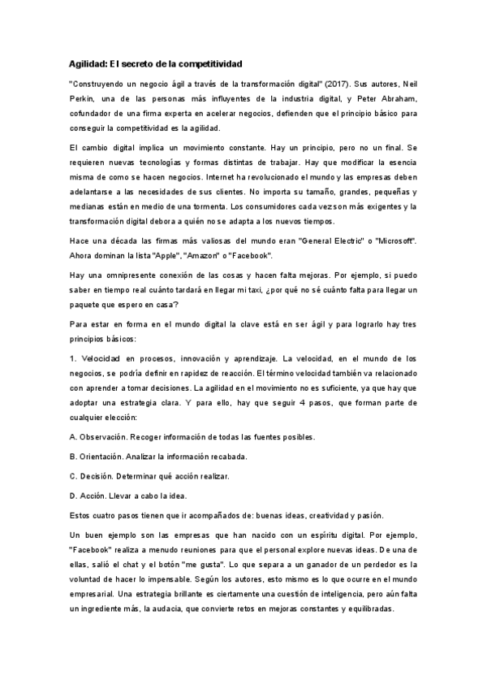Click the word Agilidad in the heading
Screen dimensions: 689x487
point(88,63)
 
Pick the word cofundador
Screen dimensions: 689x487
point(93,113)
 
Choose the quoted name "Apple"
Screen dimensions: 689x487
point(163,255)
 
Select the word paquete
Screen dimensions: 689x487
point(88,305)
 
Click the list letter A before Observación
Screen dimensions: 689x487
point(73,437)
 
